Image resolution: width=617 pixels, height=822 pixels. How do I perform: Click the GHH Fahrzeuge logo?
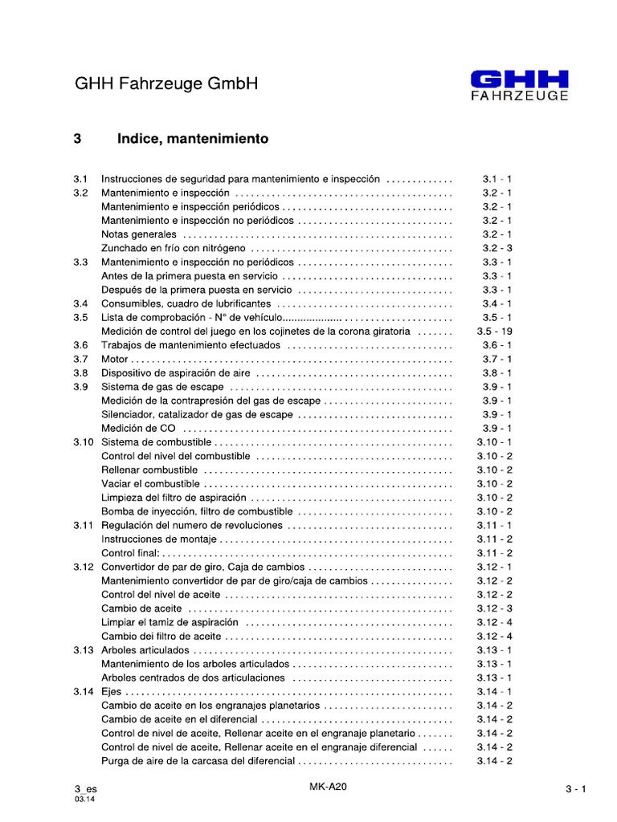click(x=519, y=85)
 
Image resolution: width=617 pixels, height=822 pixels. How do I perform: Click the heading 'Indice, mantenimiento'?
click(x=193, y=139)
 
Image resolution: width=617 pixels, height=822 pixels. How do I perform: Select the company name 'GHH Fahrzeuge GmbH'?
click(x=166, y=84)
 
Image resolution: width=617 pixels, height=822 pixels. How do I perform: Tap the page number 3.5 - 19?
click(x=494, y=332)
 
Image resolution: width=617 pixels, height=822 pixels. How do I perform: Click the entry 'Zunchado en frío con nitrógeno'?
click(x=174, y=248)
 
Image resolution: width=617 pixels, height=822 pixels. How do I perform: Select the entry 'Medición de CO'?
click(x=138, y=429)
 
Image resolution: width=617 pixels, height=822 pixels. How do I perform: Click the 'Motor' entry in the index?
click(x=116, y=359)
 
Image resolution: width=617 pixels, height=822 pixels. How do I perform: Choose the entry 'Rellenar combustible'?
click(x=149, y=470)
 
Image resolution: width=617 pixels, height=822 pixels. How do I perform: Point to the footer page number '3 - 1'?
click(x=576, y=789)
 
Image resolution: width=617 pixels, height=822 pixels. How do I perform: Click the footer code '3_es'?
click(x=85, y=789)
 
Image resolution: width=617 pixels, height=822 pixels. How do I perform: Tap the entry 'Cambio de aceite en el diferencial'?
click(x=179, y=720)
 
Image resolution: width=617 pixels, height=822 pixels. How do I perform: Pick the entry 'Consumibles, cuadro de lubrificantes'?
click(x=186, y=303)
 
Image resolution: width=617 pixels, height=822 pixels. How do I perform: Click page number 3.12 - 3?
click(x=494, y=608)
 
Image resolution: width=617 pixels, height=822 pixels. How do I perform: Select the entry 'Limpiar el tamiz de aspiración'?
click(x=170, y=623)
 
